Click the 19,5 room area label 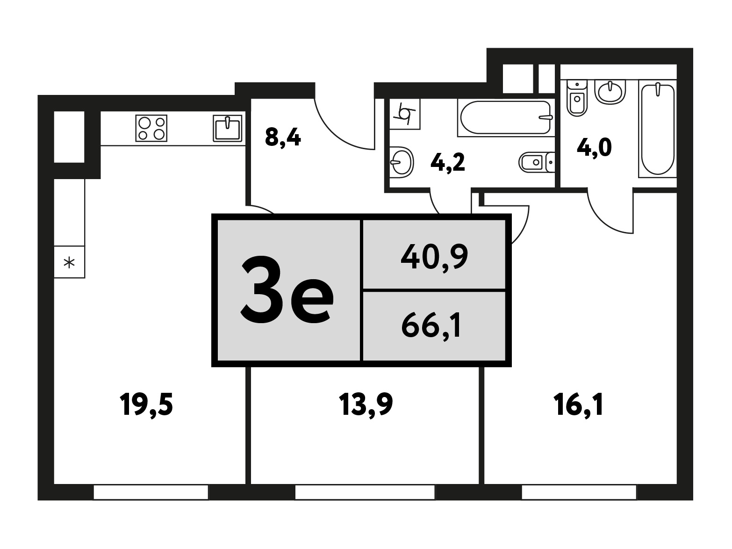(x=146, y=405)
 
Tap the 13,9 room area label (x=366, y=405)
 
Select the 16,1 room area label (x=579, y=405)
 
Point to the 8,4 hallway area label (x=283, y=137)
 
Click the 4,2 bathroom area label (x=447, y=163)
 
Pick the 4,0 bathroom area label (x=594, y=148)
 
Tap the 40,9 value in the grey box (x=434, y=257)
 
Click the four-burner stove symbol (x=151, y=128)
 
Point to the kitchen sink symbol (x=228, y=129)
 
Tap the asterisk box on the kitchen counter (x=69, y=262)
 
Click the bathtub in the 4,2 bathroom (x=506, y=118)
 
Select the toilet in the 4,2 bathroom (x=537, y=162)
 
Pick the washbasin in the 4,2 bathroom (x=402, y=162)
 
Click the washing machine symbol (x=405, y=114)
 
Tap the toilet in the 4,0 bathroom (x=577, y=98)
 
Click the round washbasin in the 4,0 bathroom (x=610, y=91)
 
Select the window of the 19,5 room (x=151, y=492)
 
